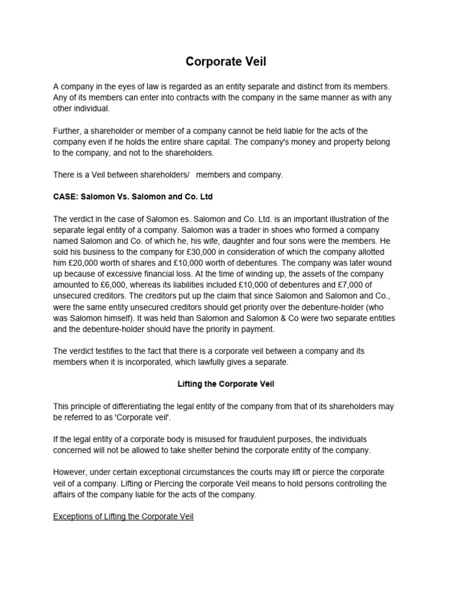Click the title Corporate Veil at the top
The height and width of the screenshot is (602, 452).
coord(226,62)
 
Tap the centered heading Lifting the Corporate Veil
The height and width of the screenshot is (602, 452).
coord(226,384)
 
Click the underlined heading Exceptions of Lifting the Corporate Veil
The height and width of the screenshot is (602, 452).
coord(123,517)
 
